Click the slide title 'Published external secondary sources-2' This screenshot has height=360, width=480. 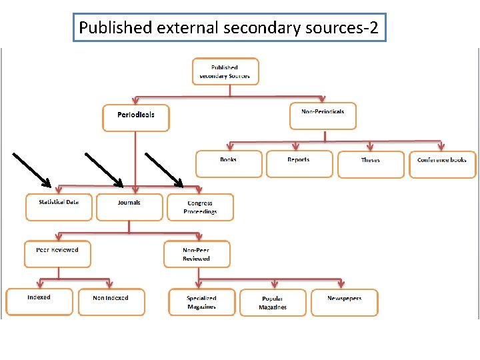tap(229, 28)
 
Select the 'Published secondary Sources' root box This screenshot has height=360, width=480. tap(225, 71)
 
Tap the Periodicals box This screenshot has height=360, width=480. tap(136, 118)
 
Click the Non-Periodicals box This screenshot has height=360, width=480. tap(323, 115)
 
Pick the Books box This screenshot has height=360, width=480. tap(229, 163)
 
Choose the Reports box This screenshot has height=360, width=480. tap(299, 163)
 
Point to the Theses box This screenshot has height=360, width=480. tap(371, 164)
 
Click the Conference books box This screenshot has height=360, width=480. tap(442, 164)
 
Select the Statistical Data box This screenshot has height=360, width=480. tap(59, 207)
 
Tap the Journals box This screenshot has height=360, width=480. tap(129, 207)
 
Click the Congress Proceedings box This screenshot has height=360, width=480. tap(201, 207)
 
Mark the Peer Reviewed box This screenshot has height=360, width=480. tap(57, 254)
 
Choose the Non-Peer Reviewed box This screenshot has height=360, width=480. tap(197, 254)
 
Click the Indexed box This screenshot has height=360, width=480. tap(39, 301)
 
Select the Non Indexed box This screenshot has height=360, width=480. tap(111, 301)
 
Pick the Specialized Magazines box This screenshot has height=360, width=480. tap(201, 302)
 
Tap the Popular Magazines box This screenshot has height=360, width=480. tap(273, 302)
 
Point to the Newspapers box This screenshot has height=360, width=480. tap(345, 302)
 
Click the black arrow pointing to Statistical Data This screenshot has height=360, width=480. tap(32, 169)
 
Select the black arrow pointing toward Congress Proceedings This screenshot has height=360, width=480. tap(164, 169)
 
